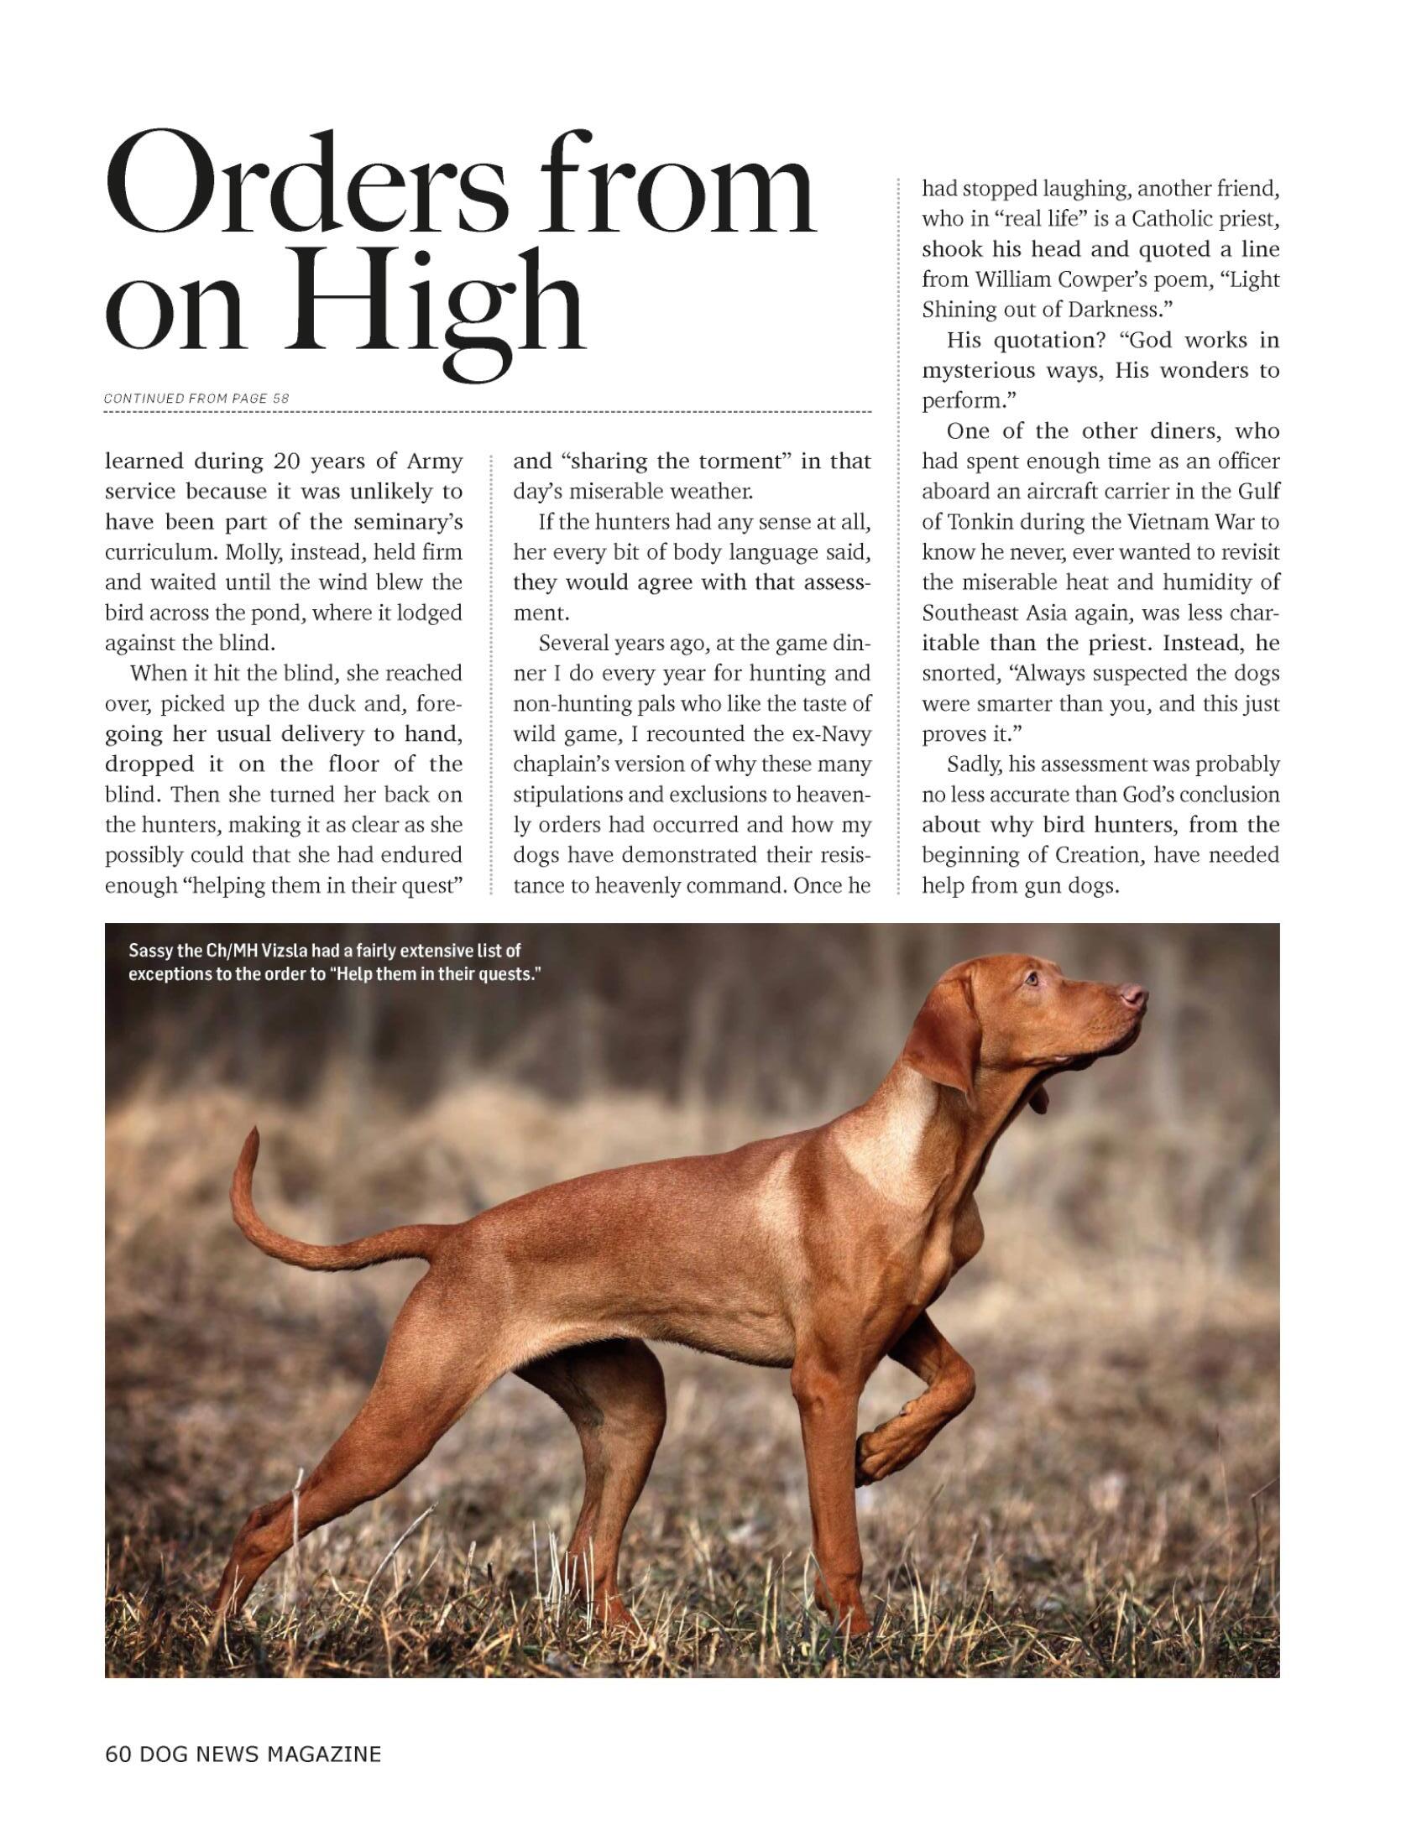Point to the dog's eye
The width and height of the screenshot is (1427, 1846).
click(x=1032, y=978)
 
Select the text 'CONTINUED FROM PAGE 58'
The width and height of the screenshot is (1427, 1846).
click(x=197, y=397)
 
